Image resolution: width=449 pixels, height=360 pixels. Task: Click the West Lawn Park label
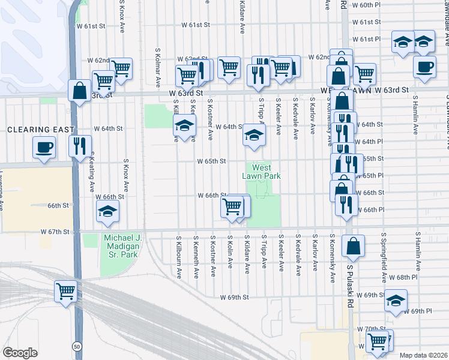click(x=262, y=172)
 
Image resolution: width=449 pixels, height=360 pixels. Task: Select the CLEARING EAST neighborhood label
click(x=41, y=130)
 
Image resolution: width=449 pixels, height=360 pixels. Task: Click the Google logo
click(x=20, y=353)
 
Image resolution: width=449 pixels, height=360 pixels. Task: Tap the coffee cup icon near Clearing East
click(x=45, y=147)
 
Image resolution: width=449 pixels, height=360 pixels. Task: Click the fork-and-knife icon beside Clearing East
click(x=79, y=146)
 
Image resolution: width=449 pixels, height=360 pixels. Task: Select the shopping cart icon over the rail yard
click(x=65, y=292)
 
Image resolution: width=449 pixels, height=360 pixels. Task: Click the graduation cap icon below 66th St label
click(x=108, y=211)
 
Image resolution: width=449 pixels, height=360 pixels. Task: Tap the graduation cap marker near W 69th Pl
click(x=396, y=301)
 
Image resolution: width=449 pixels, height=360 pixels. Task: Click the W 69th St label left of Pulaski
click(x=234, y=297)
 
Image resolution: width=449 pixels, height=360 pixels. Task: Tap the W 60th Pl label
click(x=367, y=5)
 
